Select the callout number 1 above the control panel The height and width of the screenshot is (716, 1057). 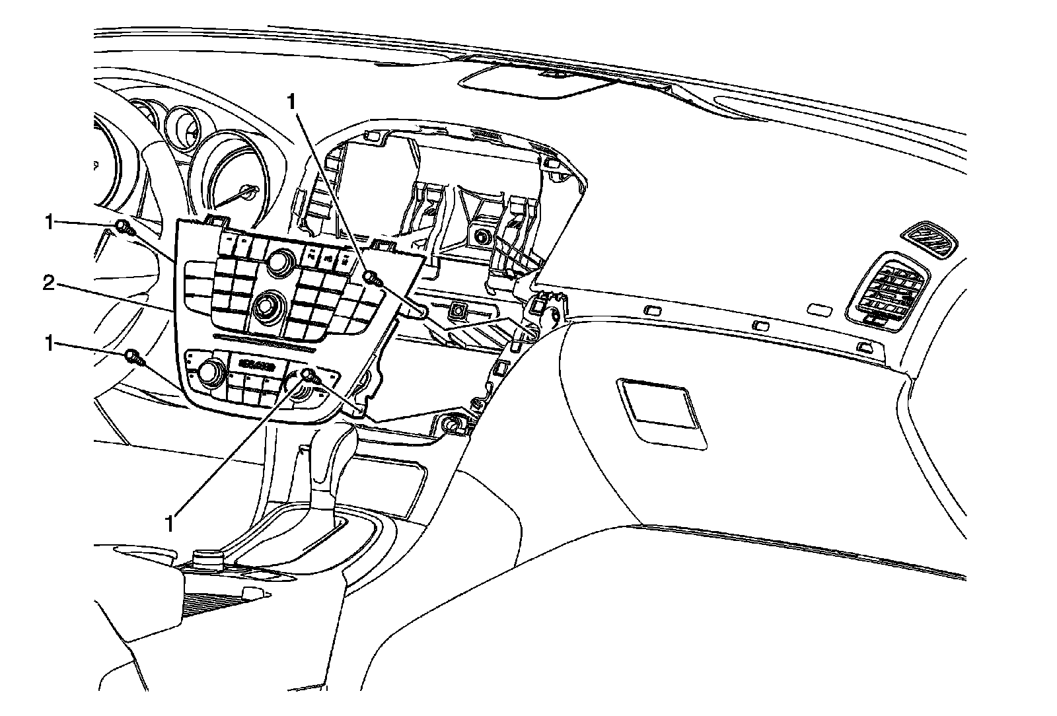click(x=292, y=102)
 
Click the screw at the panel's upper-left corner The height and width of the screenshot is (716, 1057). click(x=124, y=228)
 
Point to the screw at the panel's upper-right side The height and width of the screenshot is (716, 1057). click(x=371, y=278)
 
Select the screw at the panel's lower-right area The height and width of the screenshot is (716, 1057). click(x=309, y=376)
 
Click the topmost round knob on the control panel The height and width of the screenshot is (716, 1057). click(x=280, y=260)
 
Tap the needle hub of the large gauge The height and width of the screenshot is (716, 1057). click(x=249, y=192)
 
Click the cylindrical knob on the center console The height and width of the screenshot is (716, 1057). click(x=206, y=559)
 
